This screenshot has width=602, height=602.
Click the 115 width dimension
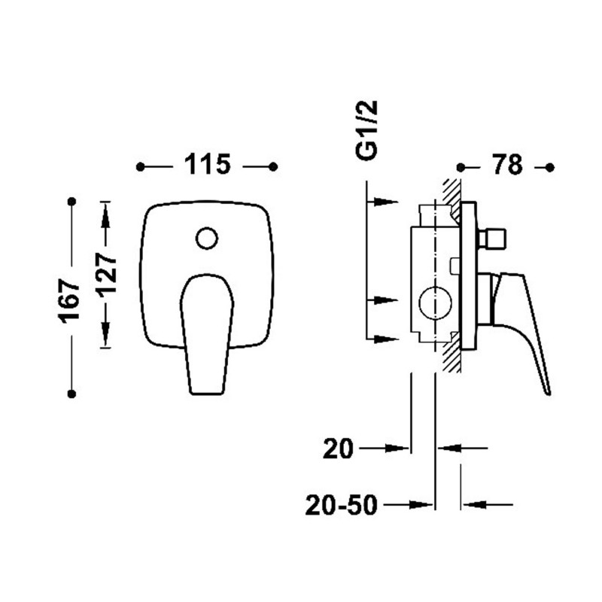click(x=208, y=165)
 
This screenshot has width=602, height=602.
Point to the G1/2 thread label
click(x=366, y=129)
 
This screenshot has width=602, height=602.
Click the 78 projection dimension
click(x=507, y=165)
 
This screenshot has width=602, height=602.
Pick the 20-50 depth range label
click(x=342, y=505)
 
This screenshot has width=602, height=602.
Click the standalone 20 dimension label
click(x=338, y=448)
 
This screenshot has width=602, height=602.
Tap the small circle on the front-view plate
click(x=207, y=238)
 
